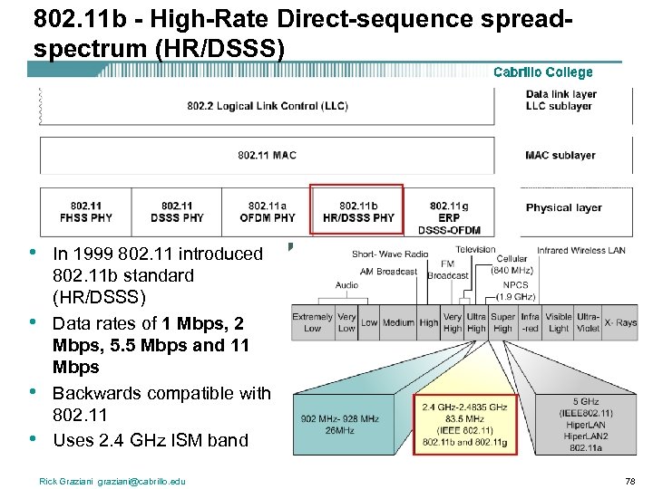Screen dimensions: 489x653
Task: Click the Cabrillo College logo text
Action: click(x=542, y=72)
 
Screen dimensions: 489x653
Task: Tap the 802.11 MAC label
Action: click(x=267, y=155)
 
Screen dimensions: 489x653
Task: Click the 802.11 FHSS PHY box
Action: click(x=85, y=212)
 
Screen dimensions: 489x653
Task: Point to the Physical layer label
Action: click(x=563, y=207)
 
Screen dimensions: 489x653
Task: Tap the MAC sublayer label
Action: click(x=560, y=155)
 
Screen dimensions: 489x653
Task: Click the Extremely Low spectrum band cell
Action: click(x=312, y=322)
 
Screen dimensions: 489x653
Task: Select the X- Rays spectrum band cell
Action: click(x=620, y=322)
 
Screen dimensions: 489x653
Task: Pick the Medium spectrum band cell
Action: click(x=398, y=322)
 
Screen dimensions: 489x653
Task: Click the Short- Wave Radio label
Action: click(x=390, y=254)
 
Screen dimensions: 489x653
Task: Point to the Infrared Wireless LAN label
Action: click(x=580, y=251)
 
